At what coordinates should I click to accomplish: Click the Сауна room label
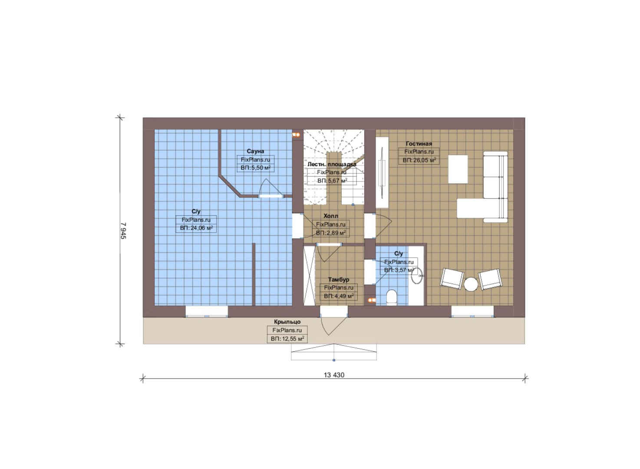(255, 151)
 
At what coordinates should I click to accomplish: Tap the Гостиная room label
(419, 144)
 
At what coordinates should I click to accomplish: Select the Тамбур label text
(339, 280)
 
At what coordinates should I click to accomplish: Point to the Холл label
(330, 216)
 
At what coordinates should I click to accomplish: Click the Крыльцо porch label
(287, 322)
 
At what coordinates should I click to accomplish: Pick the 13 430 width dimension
(334, 375)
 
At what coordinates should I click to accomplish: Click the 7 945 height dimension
(123, 231)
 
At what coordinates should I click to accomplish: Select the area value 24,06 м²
(196, 228)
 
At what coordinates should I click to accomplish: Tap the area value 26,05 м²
(419, 160)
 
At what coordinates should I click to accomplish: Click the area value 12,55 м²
(287, 339)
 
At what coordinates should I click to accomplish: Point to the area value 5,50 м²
(255, 168)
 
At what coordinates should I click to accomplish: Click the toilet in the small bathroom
(391, 297)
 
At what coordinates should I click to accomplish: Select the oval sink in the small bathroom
(417, 275)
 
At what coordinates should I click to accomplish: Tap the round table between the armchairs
(470, 284)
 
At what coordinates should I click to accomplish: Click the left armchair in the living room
(452, 279)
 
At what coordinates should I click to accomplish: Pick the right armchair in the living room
(490, 279)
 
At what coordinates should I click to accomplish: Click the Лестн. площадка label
(332, 164)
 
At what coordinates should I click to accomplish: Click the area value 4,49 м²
(339, 296)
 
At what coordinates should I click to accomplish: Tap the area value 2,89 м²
(330, 233)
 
